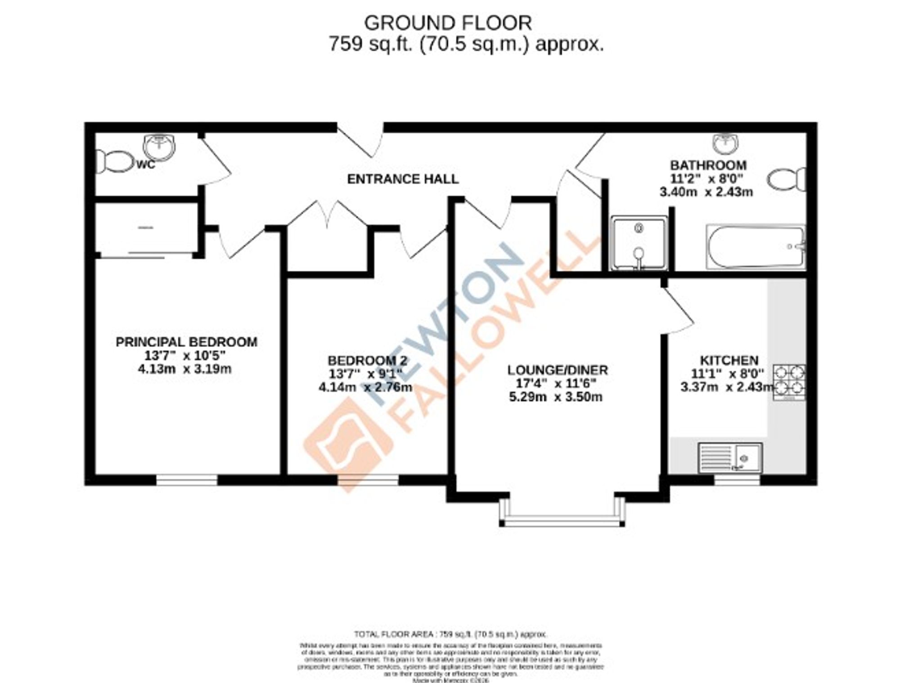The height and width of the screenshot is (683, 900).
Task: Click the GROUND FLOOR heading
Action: click(448, 23)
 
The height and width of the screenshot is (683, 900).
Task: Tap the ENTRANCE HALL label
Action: click(403, 179)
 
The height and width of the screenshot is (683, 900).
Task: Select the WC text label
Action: click(146, 165)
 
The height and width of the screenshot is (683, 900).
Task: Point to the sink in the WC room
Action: click(159, 147)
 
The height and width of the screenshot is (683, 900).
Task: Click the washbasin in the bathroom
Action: click(725, 143)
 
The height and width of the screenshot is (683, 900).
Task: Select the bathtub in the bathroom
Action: click(756, 247)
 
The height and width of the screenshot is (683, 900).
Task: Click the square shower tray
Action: click(639, 243)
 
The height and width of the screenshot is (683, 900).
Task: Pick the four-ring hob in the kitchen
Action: click(789, 381)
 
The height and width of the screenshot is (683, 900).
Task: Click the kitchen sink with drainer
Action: click(730, 458)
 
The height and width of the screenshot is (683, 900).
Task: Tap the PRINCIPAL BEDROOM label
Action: click(186, 342)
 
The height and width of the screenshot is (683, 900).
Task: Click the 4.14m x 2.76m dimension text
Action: click(365, 387)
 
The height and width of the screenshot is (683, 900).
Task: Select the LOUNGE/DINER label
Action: click(557, 371)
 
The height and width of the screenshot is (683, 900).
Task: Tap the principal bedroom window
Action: click(187, 480)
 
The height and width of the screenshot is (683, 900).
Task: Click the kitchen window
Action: click(737, 480)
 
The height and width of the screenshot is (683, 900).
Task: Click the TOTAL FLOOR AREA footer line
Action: click(450, 634)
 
